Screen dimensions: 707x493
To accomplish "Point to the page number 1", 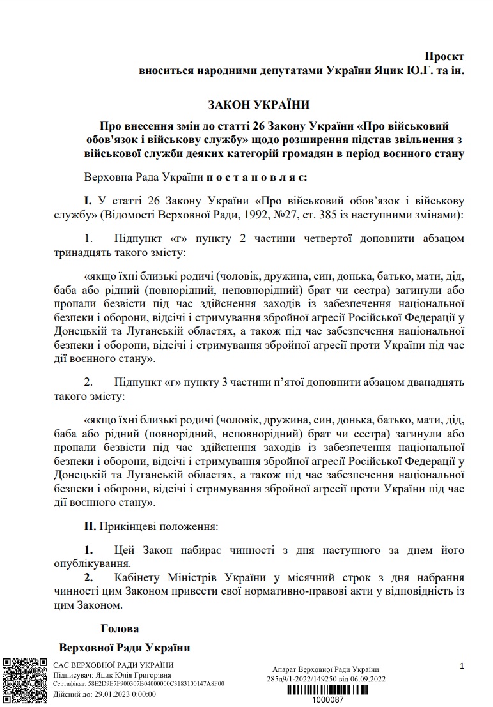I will tap(462, 667).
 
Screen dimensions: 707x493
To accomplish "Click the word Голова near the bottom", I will tap(120, 628).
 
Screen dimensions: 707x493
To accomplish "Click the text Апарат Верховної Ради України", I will tap(325, 669).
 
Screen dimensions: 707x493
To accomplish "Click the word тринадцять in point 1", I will tap(79, 253).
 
